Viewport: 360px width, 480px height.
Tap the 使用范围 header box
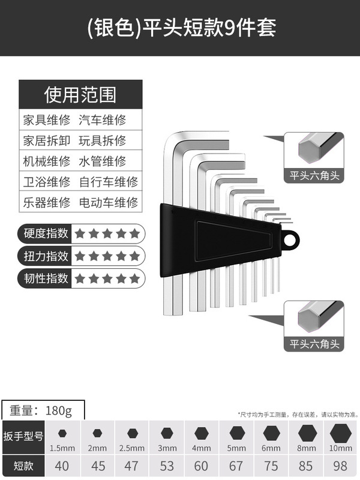point(80,94)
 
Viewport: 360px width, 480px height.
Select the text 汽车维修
point(103,119)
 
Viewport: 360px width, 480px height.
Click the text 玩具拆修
point(103,140)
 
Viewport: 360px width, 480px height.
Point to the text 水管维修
point(103,161)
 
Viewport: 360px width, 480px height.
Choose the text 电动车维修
point(109,202)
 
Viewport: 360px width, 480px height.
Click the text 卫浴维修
point(47,181)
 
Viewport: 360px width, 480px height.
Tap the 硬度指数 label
point(46,233)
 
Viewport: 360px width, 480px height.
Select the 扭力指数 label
point(46,256)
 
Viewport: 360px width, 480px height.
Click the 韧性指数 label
point(46,278)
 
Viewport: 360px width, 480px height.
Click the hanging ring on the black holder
point(292,240)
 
